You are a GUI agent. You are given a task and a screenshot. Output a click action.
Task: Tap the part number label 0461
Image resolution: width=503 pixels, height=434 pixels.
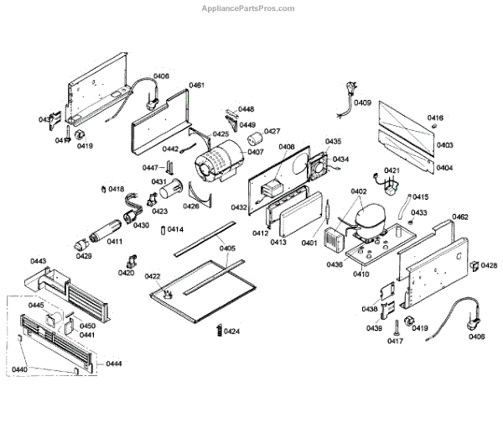(197, 86)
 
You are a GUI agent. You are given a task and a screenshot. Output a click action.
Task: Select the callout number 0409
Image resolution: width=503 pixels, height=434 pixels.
(362, 102)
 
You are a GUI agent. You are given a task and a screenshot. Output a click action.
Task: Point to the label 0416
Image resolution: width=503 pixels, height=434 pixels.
(435, 118)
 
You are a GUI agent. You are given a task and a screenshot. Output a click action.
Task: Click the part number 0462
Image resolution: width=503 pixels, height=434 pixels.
(459, 217)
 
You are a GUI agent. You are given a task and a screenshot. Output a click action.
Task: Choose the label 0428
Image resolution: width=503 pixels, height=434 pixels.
(489, 265)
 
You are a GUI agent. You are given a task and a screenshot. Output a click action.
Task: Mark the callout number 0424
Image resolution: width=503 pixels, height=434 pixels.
(231, 331)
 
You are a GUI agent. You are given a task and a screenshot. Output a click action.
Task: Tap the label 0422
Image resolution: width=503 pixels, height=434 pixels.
(153, 276)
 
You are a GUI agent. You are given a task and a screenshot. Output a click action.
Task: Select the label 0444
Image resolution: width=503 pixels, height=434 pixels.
(114, 363)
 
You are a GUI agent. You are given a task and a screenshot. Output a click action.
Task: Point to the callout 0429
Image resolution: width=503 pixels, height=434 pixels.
(84, 255)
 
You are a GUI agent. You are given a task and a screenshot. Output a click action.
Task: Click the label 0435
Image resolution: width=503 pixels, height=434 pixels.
(333, 142)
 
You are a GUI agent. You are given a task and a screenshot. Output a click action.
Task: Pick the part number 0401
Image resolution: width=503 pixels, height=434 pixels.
(310, 243)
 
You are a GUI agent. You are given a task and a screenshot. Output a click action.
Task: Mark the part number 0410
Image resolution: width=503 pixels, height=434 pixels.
(361, 274)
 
